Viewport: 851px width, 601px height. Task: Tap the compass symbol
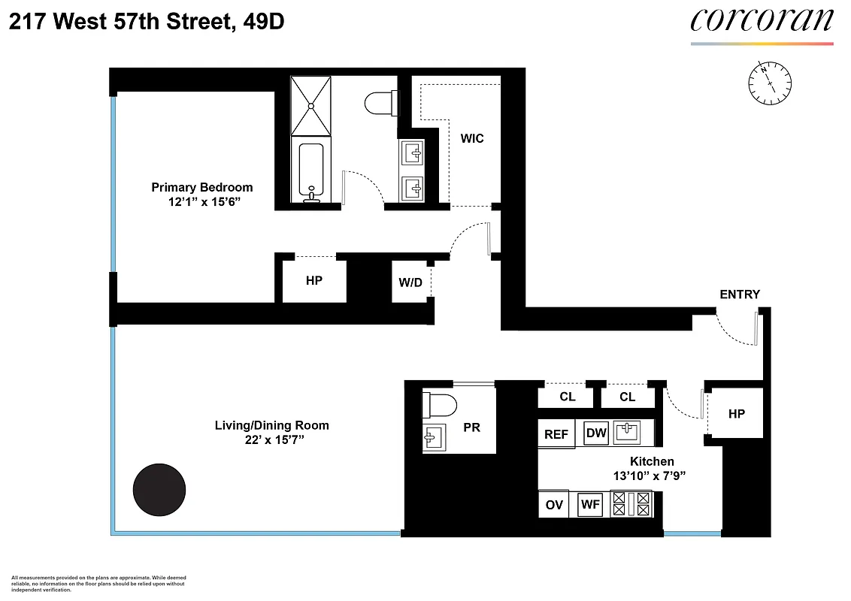pyautogui.click(x=770, y=81)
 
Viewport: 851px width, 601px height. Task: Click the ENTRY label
pyautogui.click(x=740, y=294)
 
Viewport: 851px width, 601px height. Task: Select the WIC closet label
pyautogui.click(x=472, y=138)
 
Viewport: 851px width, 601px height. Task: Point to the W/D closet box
pyautogui.click(x=410, y=282)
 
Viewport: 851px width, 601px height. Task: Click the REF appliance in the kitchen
pyautogui.click(x=556, y=434)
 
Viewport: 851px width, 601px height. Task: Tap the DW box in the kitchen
pyautogui.click(x=596, y=433)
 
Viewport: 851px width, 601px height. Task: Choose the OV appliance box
pyautogui.click(x=554, y=505)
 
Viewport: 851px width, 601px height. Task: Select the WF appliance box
pyautogui.click(x=591, y=505)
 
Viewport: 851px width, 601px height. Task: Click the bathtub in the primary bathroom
pyautogui.click(x=310, y=171)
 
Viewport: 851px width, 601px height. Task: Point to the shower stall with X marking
pyautogui.click(x=310, y=106)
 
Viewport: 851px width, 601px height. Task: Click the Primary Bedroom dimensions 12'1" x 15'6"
pyautogui.click(x=201, y=203)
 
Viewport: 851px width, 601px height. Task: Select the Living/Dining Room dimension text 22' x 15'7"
pyautogui.click(x=271, y=441)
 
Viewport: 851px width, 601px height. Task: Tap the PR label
pyautogui.click(x=471, y=427)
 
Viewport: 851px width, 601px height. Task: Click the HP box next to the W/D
pyautogui.click(x=313, y=281)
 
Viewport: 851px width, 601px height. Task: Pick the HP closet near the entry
pyautogui.click(x=736, y=413)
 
